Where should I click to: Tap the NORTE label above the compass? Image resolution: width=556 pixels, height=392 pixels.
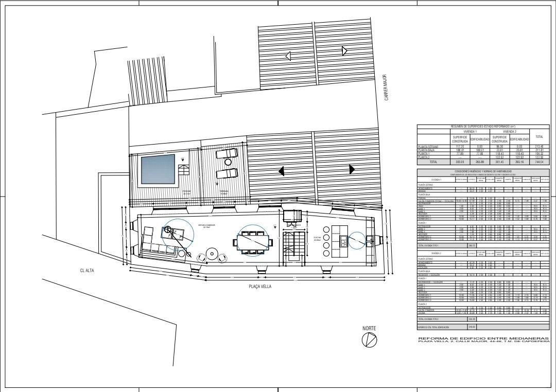pos(369,328)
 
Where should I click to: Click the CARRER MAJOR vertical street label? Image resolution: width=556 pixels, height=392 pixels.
pos(385,87)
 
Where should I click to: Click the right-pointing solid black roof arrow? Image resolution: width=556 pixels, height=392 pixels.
pos(351,169)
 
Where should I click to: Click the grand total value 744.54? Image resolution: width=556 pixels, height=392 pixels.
pos(540,161)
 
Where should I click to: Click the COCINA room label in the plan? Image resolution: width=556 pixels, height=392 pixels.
pos(317,237)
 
